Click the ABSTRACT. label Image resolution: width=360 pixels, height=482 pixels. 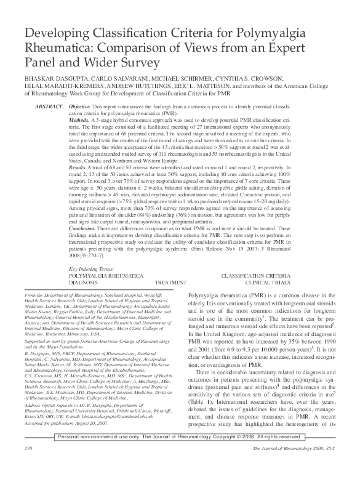tap(49, 107)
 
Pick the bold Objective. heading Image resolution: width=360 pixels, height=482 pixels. tap(80, 107)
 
